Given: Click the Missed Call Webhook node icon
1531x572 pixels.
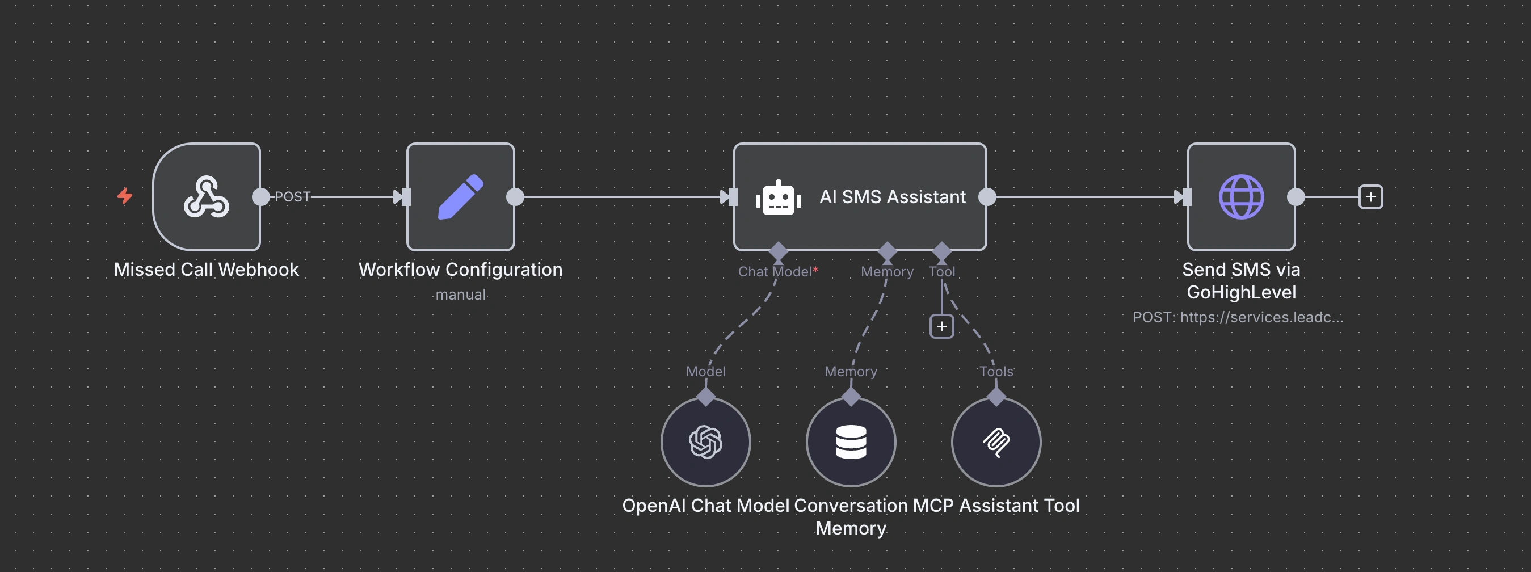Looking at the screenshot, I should [x=206, y=197].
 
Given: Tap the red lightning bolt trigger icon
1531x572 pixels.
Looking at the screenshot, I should [x=125, y=196].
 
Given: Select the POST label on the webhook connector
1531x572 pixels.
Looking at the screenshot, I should [x=292, y=197].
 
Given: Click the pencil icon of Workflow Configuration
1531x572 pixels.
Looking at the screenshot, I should [x=461, y=197].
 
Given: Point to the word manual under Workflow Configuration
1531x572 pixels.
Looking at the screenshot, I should [x=461, y=295].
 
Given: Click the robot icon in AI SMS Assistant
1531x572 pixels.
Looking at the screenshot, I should [x=778, y=198].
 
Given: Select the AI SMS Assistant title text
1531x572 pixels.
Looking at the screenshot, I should [x=892, y=197].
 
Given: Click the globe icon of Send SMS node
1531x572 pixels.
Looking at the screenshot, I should [x=1241, y=197].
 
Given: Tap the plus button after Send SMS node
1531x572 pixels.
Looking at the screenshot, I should [x=1370, y=197].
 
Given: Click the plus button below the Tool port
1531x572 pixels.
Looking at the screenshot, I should [x=941, y=326].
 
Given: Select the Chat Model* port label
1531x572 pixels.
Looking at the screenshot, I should [x=777, y=272].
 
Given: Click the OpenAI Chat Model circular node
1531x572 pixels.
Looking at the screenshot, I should [x=705, y=443].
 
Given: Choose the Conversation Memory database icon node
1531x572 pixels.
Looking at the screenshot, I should [x=851, y=443].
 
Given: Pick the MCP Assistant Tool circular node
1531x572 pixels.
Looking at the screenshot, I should [x=996, y=443].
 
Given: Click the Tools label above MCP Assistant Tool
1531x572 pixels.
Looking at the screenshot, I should [x=996, y=372].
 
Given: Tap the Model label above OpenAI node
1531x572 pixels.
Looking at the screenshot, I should [x=705, y=372].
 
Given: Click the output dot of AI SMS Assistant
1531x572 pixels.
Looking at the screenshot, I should [x=987, y=197].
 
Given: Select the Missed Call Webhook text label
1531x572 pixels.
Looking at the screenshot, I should [x=206, y=270].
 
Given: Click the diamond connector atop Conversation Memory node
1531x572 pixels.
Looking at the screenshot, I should [x=851, y=397].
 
